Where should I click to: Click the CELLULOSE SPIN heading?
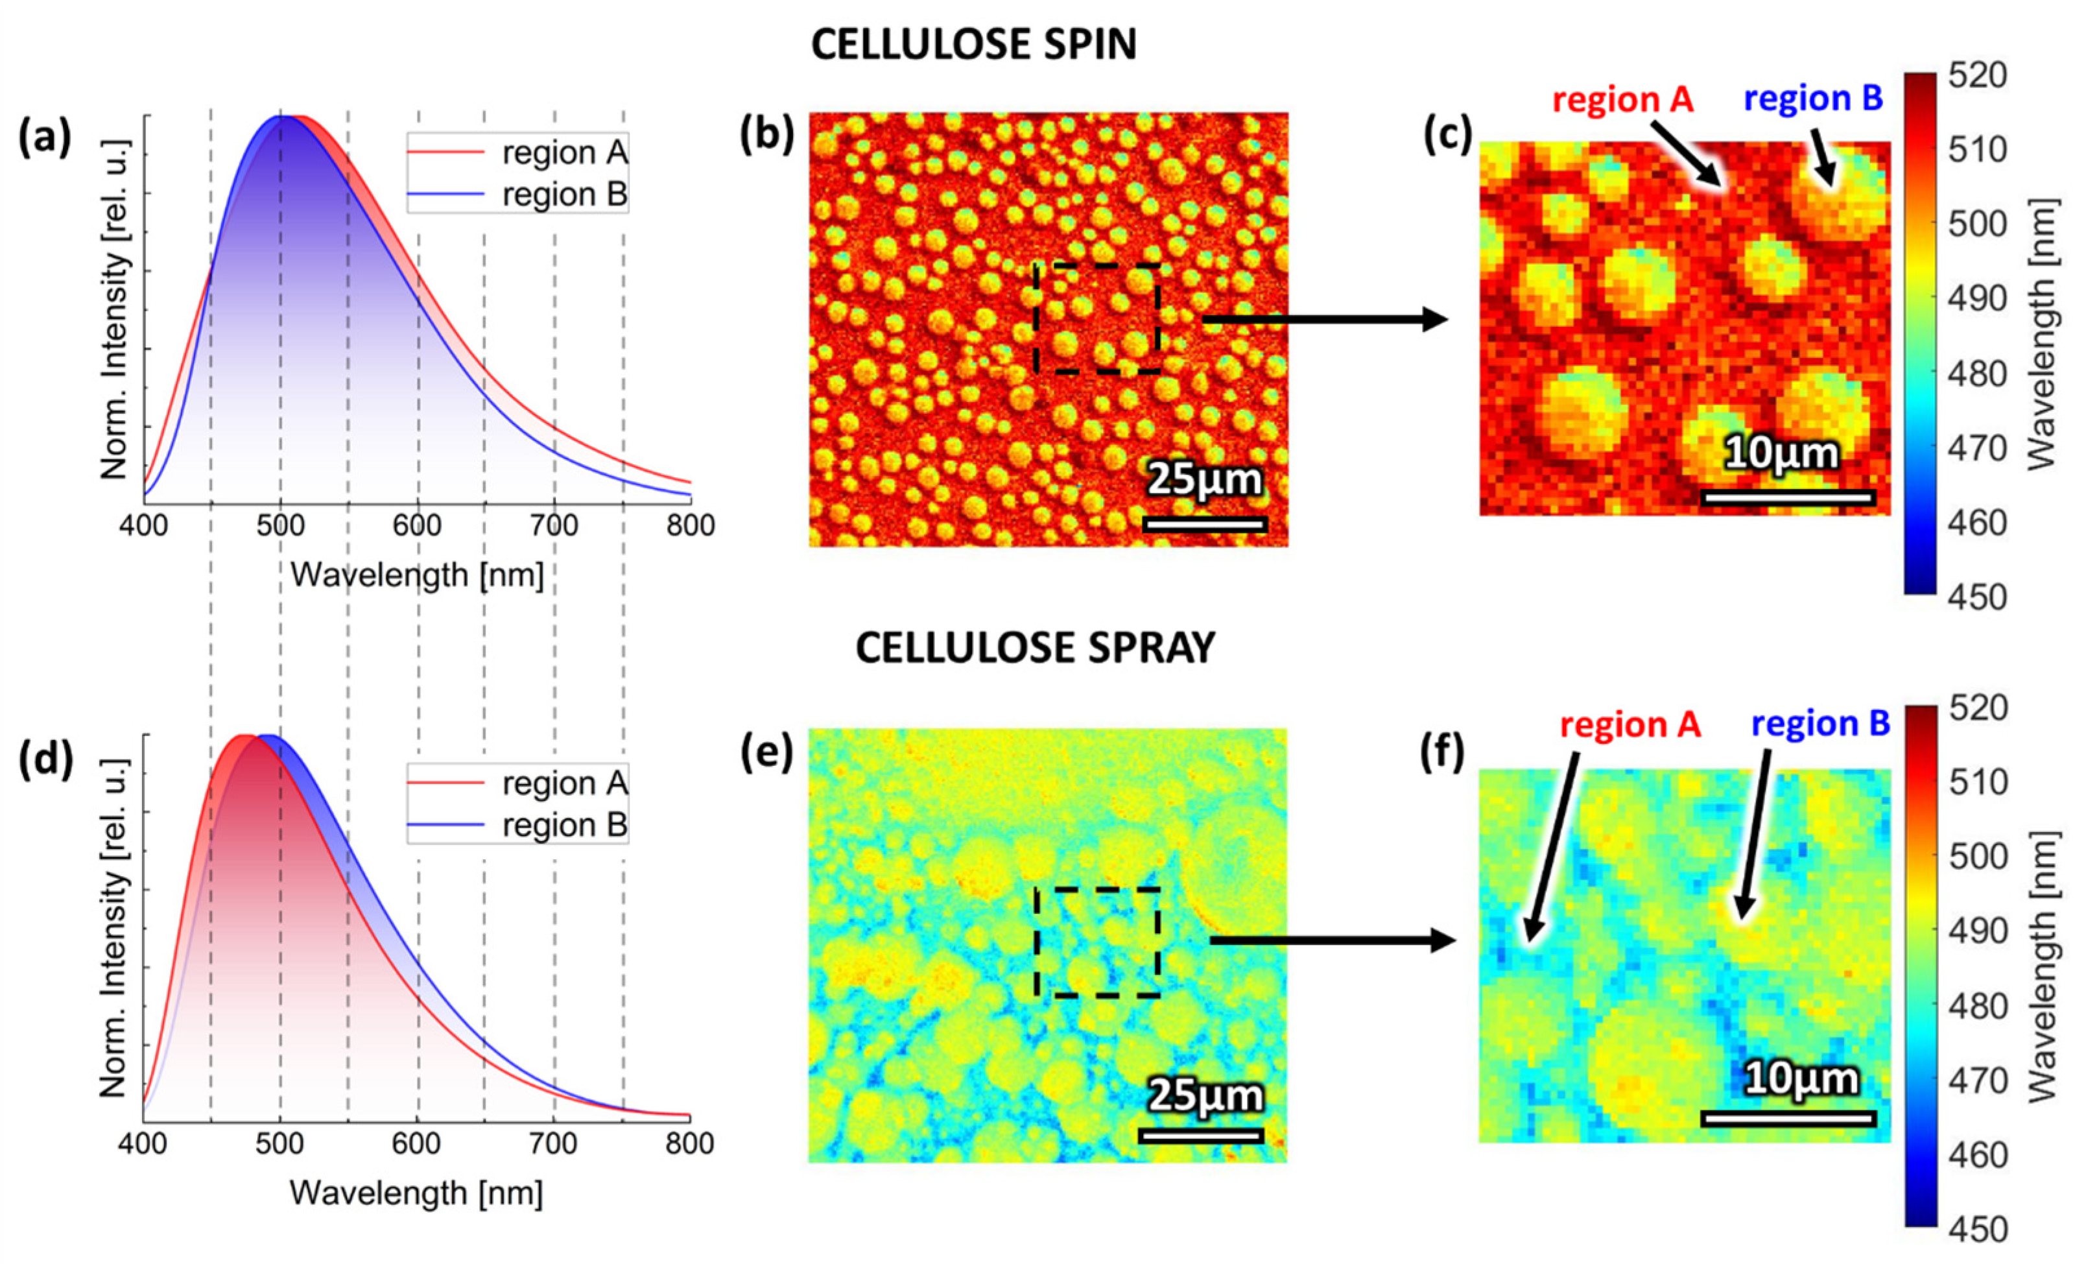pyautogui.click(x=973, y=44)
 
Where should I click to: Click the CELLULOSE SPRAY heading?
pyautogui.click(x=1034, y=649)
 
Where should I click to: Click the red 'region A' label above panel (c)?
pyautogui.click(x=1622, y=100)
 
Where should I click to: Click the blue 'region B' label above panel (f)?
pyautogui.click(x=1820, y=724)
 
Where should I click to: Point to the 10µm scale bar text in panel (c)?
pyautogui.click(x=1781, y=454)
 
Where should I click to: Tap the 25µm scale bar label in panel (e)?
pyautogui.click(x=1205, y=1095)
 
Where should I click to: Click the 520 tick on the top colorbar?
pyautogui.click(x=1978, y=76)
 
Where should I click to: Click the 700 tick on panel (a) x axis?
pyautogui.click(x=554, y=526)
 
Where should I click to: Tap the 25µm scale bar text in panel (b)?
pyautogui.click(x=1205, y=480)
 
